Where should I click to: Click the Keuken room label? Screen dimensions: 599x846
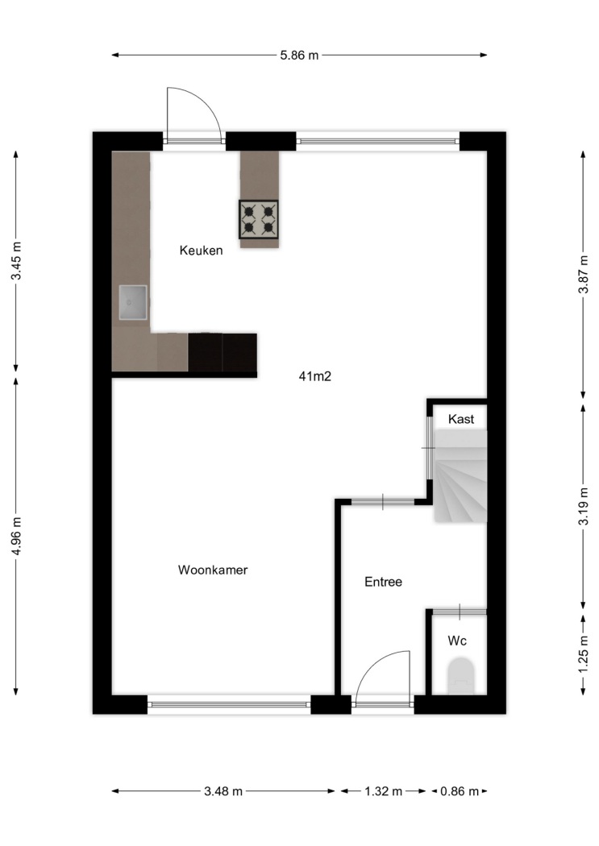click(201, 251)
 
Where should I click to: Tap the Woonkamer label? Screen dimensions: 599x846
click(213, 570)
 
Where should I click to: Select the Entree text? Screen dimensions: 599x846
click(383, 582)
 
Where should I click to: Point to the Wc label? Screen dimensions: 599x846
click(457, 641)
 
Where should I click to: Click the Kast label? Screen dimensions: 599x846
click(461, 419)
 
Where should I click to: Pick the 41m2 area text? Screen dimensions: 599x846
click(314, 376)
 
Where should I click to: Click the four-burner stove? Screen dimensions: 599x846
click(259, 219)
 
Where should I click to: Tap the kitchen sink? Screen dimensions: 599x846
click(133, 303)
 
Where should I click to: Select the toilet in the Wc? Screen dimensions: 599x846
click(461, 675)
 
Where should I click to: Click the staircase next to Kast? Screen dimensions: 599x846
click(460, 476)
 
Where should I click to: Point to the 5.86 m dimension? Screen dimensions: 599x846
click(299, 55)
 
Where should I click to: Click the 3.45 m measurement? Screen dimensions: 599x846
click(17, 260)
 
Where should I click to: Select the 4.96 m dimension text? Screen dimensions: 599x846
click(17, 536)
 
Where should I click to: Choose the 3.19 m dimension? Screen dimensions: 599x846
click(584, 506)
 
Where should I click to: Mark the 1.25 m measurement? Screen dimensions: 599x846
click(584, 654)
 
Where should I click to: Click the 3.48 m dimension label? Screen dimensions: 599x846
click(223, 791)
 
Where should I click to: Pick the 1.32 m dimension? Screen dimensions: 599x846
click(383, 791)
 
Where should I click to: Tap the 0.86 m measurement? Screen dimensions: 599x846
click(460, 791)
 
